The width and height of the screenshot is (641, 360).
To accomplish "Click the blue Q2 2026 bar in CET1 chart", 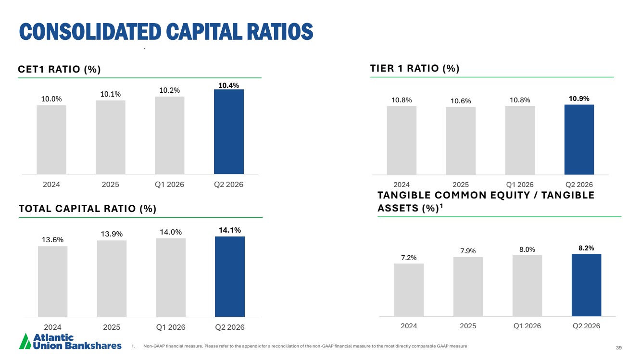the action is pyautogui.click(x=228, y=132).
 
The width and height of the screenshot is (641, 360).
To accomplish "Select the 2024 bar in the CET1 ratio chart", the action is pyautogui.click(x=51, y=139).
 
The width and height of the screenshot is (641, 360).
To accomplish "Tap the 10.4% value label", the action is pyautogui.click(x=228, y=85).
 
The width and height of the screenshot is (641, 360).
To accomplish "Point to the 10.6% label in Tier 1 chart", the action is pyautogui.click(x=461, y=101).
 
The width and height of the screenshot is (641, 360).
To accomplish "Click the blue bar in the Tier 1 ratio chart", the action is pyautogui.click(x=579, y=139).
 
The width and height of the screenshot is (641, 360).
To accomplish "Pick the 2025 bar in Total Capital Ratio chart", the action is pyautogui.click(x=112, y=278).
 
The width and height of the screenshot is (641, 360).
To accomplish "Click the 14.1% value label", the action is pyautogui.click(x=230, y=230).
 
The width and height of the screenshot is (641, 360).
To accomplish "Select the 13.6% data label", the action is pyautogui.click(x=52, y=240).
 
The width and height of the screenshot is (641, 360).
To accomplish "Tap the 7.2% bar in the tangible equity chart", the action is pyautogui.click(x=409, y=290).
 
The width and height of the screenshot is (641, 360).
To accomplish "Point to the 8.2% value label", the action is pyautogui.click(x=586, y=248).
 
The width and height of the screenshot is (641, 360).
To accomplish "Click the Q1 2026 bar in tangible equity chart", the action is pyautogui.click(x=527, y=286).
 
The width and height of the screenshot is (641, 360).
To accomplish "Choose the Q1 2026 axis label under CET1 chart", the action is pyautogui.click(x=169, y=185).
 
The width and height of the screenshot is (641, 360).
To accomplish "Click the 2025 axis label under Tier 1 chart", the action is pyautogui.click(x=461, y=185).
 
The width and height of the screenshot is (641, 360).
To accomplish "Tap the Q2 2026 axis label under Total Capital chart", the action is pyautogui.click(x=230, y=327).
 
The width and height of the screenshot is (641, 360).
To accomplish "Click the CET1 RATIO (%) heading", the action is pyautogui.click(x=59, y=69).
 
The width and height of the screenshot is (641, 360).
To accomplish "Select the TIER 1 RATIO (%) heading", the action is pyautogui.click(x=415, y=68).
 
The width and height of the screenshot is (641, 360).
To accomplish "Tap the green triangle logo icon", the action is pyautogui.click(x=25, y=341).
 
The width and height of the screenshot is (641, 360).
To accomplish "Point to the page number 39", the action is pyautogui.click(x=619, y=348).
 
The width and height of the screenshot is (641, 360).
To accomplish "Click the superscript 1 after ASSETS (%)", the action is pyautogui.click(x=441, y=205).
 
